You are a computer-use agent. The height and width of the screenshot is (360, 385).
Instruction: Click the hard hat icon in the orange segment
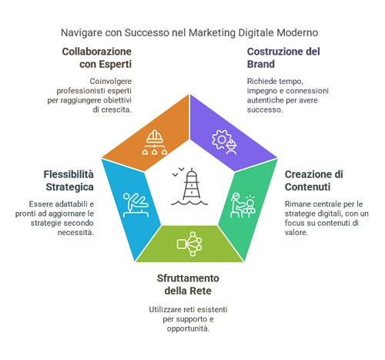[x=156, y=140]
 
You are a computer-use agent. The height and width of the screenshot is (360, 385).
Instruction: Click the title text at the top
[x=187, y=30]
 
